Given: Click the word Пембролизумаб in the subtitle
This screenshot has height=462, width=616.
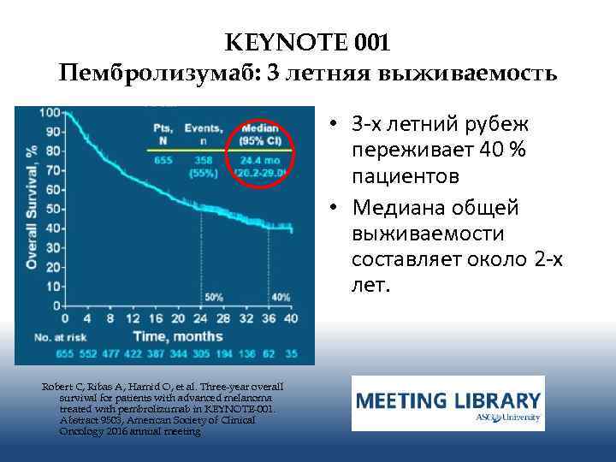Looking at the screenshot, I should [159, 73].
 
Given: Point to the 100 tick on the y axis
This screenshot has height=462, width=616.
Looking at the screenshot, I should [49, 113].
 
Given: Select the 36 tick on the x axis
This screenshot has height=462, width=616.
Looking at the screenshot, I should [269, 318].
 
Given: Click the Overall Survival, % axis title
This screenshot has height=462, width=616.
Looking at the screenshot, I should [30, 208].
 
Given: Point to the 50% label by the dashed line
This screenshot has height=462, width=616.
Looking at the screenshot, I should [213, 297].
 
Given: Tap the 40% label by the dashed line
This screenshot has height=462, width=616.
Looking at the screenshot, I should [280, 297].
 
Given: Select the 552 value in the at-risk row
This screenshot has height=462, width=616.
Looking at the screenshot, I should [90, 352].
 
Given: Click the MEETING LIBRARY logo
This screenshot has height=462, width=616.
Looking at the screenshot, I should [447, 403].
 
